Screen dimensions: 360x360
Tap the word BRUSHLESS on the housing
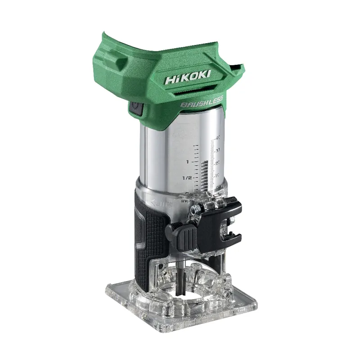tap(202, 103)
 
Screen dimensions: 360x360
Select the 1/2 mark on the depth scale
tap(187, 178)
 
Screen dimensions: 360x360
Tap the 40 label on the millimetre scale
tap(218, 137)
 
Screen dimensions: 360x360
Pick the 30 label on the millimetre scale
tap(218, 150)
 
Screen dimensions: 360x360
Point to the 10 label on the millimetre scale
tap(216, 175)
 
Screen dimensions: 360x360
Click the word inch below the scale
tap(187, 201)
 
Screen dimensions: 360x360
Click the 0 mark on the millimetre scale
tap(217, 187)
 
